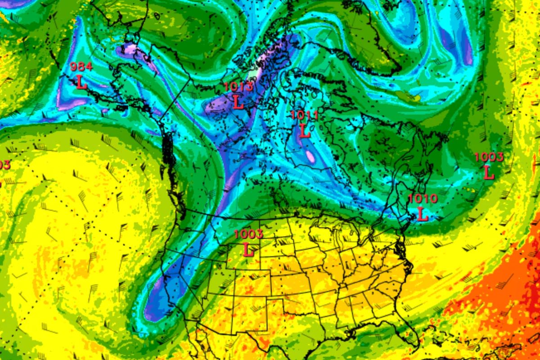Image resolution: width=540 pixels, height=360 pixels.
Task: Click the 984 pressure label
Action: point(81,67)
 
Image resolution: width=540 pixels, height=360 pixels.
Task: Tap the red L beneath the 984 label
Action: point(81,82)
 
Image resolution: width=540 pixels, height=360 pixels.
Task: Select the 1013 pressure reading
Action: point(238,87)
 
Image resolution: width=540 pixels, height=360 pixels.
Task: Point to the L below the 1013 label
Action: point(238,102)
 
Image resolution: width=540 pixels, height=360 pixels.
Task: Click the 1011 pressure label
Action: point(305,116)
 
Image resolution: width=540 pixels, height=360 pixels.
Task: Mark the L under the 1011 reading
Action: point(305,131)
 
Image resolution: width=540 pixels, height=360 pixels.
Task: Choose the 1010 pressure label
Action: point(423,198)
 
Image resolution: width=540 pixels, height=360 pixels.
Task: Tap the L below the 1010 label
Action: point(422,214)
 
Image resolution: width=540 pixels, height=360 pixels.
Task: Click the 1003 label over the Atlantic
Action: point(489,157)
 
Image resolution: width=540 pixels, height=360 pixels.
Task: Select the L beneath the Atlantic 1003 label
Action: point(489,172)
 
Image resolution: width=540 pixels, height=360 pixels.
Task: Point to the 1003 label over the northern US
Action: point(248,234)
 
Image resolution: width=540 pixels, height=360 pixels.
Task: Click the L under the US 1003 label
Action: point(248,249)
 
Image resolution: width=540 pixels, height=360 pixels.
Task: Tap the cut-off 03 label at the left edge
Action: point(4,165)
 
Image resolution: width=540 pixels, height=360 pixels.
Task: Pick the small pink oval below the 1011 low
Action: point(310,156)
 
